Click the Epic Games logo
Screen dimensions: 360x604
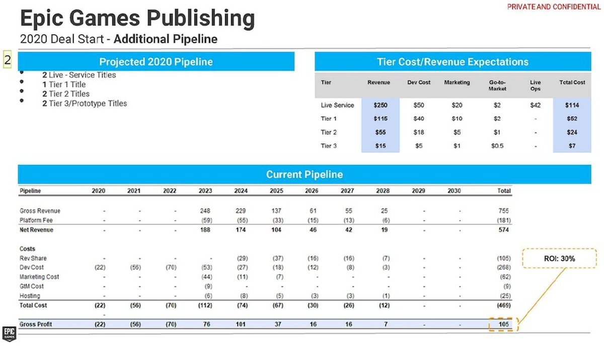9,334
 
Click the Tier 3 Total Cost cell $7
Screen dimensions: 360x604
572,146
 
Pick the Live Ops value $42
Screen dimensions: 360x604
536,105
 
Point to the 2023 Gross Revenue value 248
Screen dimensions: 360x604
205,210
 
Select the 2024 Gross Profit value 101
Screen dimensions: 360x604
241,324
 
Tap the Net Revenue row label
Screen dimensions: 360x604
36,230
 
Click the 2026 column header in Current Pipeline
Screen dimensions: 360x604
312,191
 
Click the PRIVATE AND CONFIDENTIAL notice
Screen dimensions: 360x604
554,7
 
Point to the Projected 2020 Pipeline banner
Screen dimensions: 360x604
156,62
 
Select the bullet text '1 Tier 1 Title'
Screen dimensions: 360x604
64,85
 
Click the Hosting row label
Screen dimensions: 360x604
30,296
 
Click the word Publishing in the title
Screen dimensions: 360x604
201,19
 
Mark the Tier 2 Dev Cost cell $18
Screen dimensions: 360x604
419,132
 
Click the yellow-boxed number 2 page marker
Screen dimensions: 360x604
8,60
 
